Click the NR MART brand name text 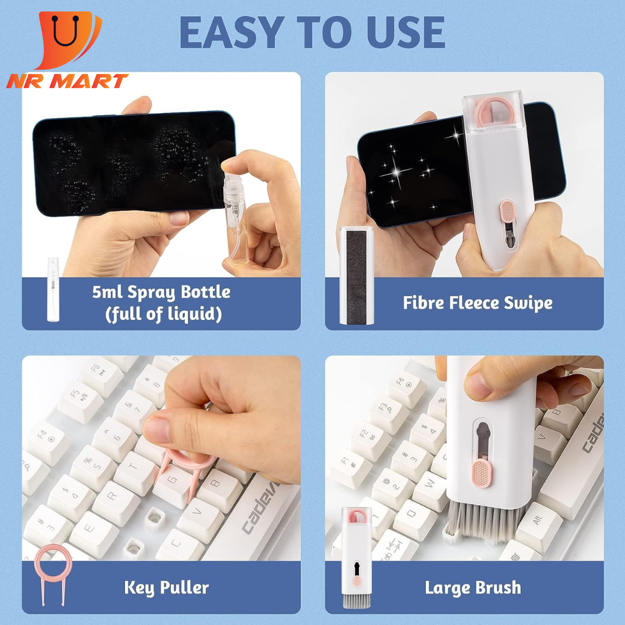click(67, 81)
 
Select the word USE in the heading click(405, 32)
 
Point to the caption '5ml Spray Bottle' click(161, 292)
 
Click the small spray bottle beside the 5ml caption click(53, 289)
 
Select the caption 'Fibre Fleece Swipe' click(477, 303)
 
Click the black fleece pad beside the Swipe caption click(356, 277)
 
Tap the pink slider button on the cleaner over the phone click(508, 211)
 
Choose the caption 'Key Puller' click(167, 588)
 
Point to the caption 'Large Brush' click(473, 588)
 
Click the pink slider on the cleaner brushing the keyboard click(482, 474)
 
